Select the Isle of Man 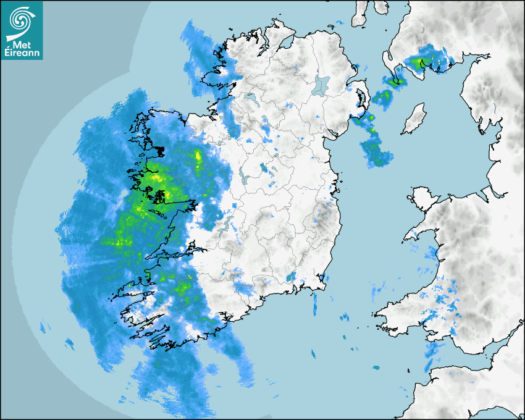pos(414,119)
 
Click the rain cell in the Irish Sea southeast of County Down pos(375,151)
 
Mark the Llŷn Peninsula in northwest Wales pos(417,233)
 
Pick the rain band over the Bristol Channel pos(433,355)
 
